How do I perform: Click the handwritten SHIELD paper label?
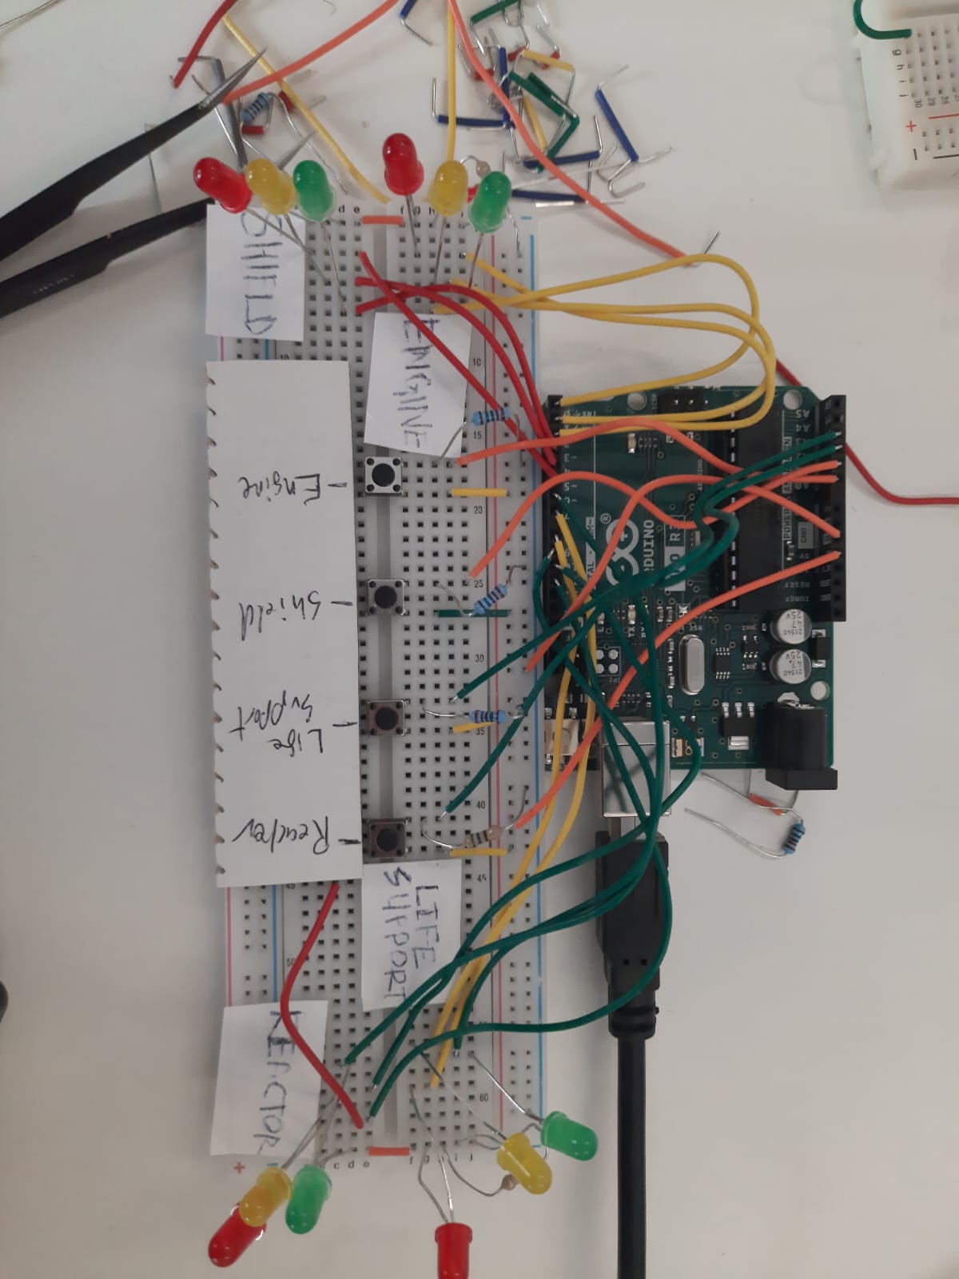[x=254, y=276]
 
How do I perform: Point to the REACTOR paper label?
[x=270, y=1079]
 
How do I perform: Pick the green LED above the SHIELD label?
[x=312, y=190]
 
